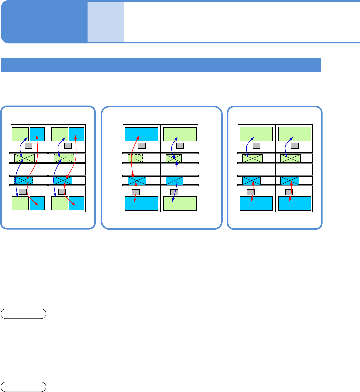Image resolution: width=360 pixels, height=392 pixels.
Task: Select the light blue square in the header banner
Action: [x=106, y=22]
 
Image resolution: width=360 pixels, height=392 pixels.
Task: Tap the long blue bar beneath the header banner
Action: [x=161, y=65]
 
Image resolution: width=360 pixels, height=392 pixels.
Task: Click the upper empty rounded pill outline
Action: [x=23, y=314]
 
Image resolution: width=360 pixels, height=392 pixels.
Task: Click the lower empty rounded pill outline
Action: [x=23, y=387]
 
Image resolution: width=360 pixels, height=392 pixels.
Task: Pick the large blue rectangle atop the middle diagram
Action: [x=141, y=134]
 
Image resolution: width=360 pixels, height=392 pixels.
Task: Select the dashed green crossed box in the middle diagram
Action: [x=135, y=158]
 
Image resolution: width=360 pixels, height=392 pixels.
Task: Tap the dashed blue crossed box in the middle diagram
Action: [x=174, y=181]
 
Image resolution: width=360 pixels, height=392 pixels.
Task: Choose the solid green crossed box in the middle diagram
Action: [x=174, y=158]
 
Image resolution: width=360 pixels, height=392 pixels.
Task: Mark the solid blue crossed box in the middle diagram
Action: [x=137, y=181]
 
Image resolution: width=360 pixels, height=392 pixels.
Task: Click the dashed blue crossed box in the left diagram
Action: [x=24, y=180]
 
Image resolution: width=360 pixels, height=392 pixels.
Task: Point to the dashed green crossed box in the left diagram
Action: [x=64, y=158]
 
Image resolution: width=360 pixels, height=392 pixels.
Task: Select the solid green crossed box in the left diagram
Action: [x=25, y=158]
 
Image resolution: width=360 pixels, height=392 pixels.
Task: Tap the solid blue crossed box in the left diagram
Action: [x=63, y=180]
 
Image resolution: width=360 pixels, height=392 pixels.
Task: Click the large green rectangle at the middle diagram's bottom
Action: [x=180, y=204]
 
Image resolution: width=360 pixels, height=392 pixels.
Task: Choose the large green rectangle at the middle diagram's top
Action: [x=180, y=134]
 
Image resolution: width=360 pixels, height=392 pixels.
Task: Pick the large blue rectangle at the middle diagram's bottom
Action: [x=141, y=204]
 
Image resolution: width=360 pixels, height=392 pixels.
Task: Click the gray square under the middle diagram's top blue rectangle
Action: [x=142, y=146]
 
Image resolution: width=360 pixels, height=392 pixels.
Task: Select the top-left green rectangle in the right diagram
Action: [x=256, y=134]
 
